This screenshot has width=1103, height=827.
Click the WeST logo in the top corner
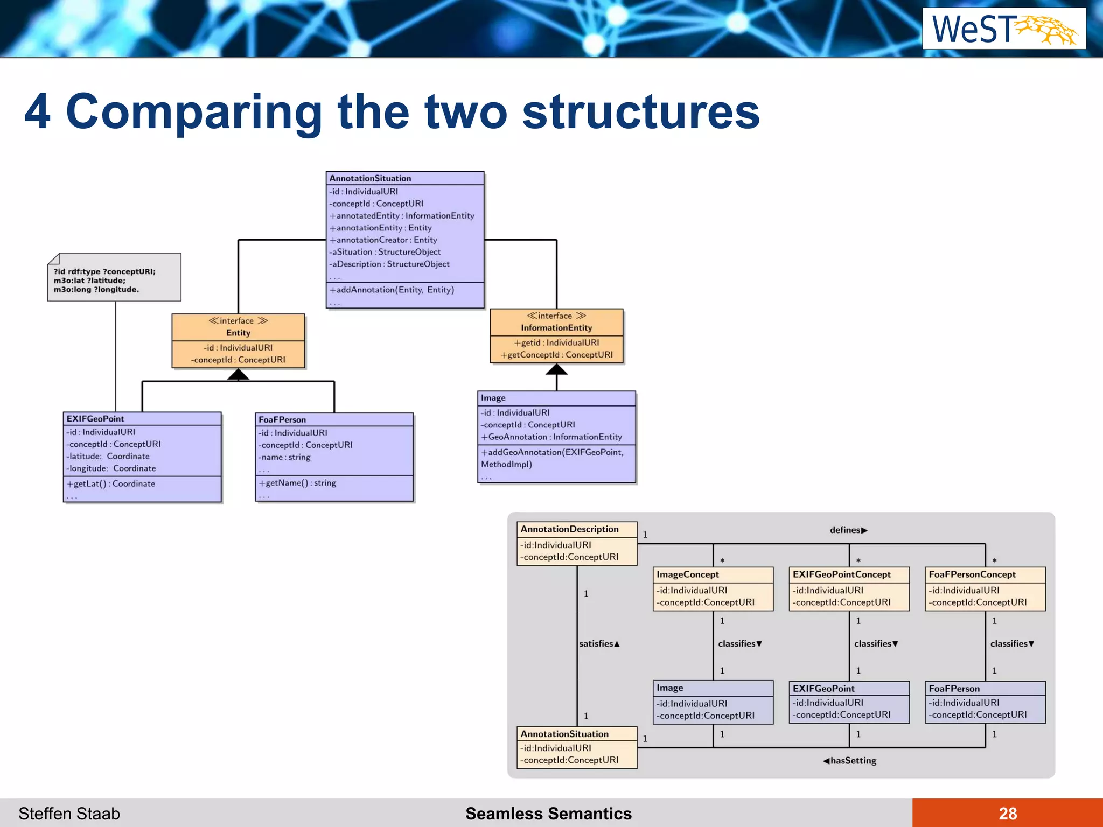(x=1004, y=29)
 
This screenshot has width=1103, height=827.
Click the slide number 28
(x=1007, y=813)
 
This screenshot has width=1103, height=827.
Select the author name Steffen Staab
(x=69, y=813)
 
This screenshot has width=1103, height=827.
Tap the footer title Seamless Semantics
(x=548, y=813)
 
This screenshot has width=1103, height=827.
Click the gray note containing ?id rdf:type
(x=114, y=278)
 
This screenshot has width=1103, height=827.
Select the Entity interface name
(x=238, y=333)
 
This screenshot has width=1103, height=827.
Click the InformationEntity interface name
(x=556, y=327)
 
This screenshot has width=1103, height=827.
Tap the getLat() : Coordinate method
(x=111, y=483)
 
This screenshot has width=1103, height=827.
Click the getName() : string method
(x=298, y=483)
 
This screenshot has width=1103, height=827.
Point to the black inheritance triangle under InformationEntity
(x=556, y=369)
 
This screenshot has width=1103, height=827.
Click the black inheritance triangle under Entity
(x=238, y=375)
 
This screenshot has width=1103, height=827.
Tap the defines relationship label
(x=848, y=530)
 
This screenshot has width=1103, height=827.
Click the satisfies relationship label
(x=599, y=643)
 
